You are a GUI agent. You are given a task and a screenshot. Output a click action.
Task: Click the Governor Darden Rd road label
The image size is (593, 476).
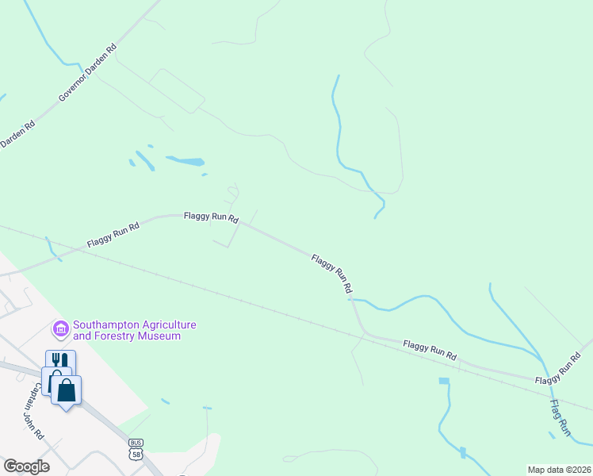tap(88, 72)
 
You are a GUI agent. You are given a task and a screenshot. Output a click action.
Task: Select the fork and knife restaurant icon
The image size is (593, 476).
tap(60, 362)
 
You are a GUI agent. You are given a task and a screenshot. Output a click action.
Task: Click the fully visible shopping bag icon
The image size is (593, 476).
tap(67, 390)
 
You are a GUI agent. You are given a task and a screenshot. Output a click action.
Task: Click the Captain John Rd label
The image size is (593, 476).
tap(33, 418)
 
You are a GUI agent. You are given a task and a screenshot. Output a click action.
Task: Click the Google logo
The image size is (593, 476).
tap(26, 466)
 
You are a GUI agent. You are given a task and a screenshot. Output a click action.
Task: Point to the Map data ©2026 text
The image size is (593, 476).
tap(559, 470)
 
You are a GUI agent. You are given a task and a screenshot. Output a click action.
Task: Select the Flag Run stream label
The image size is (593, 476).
tap(559, 417)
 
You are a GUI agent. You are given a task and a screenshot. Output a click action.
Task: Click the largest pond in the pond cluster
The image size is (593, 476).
tap(185, 162)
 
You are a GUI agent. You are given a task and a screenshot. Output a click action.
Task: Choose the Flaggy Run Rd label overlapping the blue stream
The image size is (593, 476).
tap(331, 274)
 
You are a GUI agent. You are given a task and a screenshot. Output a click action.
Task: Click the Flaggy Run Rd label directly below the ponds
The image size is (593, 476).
tap(211, 216)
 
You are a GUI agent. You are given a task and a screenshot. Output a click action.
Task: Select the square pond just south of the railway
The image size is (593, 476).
tap(443, 381)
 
